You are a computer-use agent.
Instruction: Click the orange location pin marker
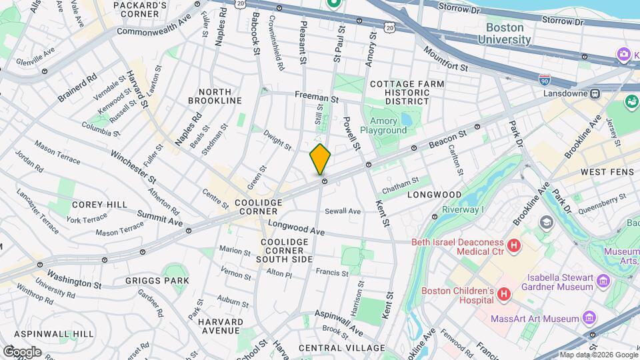tap(320, 159)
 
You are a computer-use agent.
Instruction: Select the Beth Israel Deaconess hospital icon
tap(514, 247)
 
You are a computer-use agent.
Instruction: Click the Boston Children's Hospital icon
tap(504, 293)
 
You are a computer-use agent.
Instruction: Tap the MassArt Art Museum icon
tap(589, 318)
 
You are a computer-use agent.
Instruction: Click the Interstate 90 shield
tap(545, 79)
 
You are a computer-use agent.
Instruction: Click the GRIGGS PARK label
tap(157, 281)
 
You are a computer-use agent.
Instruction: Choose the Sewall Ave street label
tap(343, 211)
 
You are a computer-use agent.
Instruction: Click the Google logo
tap(21, 352)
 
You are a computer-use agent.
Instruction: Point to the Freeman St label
tap(317, 96)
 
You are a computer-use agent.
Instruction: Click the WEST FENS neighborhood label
tap(602, 172)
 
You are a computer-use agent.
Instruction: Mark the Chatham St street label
tap(401, 181)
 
